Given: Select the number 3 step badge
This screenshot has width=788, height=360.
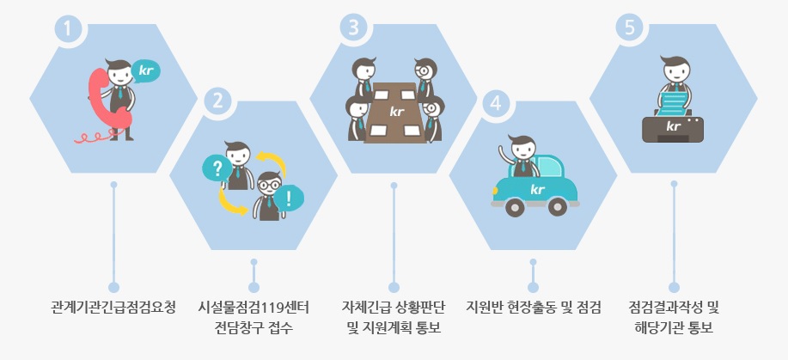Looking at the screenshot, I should pos(352,27).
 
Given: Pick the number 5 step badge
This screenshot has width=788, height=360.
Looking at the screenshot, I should pos(631,27).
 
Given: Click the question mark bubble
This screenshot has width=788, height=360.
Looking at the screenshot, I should pos(217,168).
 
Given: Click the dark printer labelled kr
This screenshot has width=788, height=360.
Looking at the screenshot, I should pos(674,127).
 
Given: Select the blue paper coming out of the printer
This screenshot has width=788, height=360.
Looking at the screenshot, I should pos(674,101).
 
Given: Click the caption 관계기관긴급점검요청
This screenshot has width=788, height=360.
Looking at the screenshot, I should pos(113,308).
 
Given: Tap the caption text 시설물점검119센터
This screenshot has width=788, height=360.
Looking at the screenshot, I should pos(254,308).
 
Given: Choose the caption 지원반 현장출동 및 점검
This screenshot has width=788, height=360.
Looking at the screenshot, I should pos(533,308).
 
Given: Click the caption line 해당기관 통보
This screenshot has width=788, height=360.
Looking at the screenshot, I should pos(674,328).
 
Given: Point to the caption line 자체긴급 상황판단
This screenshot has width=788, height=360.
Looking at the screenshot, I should pos(394,308).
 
